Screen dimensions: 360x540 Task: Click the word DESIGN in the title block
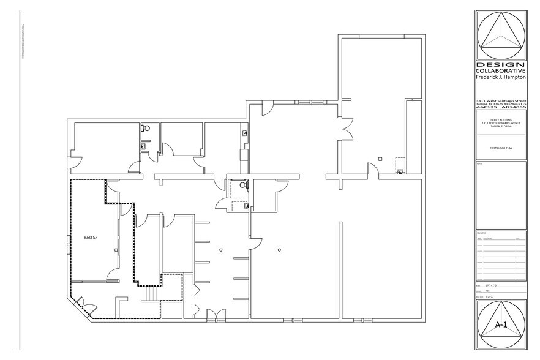pos(500,66)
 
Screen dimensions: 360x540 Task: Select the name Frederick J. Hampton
pos(500,78)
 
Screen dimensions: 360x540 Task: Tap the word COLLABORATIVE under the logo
pos(500,72)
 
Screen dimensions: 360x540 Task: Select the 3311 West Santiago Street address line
pos(500,100)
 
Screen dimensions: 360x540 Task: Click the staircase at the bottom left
pos(151,296)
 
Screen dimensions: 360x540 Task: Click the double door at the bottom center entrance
pos(215,315)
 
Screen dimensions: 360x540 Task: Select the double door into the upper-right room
pos(347,130)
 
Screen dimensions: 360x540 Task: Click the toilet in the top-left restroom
pos(145,129)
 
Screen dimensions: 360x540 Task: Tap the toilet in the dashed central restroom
pos(242,184)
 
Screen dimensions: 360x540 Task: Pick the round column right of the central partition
pos(279,249)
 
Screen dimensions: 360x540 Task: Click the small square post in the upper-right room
pos(380,159)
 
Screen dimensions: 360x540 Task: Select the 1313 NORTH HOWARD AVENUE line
pos(500,124)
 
